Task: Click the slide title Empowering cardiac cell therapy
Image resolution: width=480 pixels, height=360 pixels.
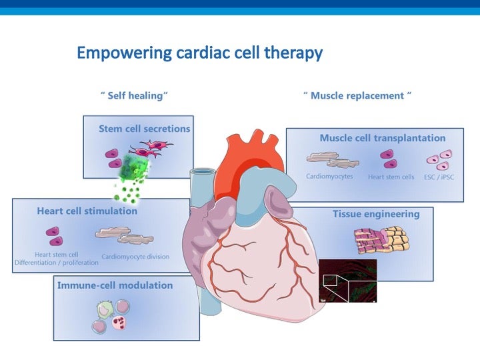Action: (199, 53)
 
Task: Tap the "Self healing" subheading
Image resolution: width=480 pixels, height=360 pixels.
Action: (135, 95)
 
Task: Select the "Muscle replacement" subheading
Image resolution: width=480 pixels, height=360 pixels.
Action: (357, 95)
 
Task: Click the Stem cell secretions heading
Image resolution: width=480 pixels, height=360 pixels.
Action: (144, 129)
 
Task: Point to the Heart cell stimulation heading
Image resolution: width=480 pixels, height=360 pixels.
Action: (87, 211)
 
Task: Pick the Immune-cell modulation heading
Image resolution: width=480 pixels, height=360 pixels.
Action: (115, 285)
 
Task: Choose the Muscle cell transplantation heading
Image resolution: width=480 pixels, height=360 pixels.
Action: (383, 138)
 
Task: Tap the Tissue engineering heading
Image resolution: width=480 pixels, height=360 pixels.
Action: (376, 214)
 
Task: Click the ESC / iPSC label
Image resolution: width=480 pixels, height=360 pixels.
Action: (439, 177)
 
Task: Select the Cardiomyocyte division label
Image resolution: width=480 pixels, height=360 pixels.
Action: (135, 257)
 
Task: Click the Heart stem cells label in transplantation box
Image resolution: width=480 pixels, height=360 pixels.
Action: (391, 177)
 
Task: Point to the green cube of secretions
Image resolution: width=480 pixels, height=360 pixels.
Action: (134, 167)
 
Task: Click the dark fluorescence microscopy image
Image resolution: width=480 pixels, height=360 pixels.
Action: (348, 281)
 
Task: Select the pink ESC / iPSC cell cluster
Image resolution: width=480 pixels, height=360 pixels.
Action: (440, 160)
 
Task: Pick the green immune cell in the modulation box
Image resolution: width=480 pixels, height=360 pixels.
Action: (105, 309)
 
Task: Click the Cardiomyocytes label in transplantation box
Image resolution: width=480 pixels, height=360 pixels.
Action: (329, 177)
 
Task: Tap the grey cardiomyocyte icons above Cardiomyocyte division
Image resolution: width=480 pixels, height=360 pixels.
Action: (125, 236)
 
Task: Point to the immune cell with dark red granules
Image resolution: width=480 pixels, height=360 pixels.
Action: (119, 323)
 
